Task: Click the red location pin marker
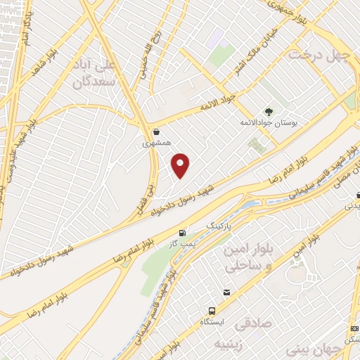click(x=181, y=165)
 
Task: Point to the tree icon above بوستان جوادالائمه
click(x=268, y=110)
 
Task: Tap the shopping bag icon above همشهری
click(x=155, y=131)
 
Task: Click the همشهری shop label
click(x=155, y=143)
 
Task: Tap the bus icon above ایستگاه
click(x=212, y=310)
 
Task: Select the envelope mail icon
click(x=226, y=292)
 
